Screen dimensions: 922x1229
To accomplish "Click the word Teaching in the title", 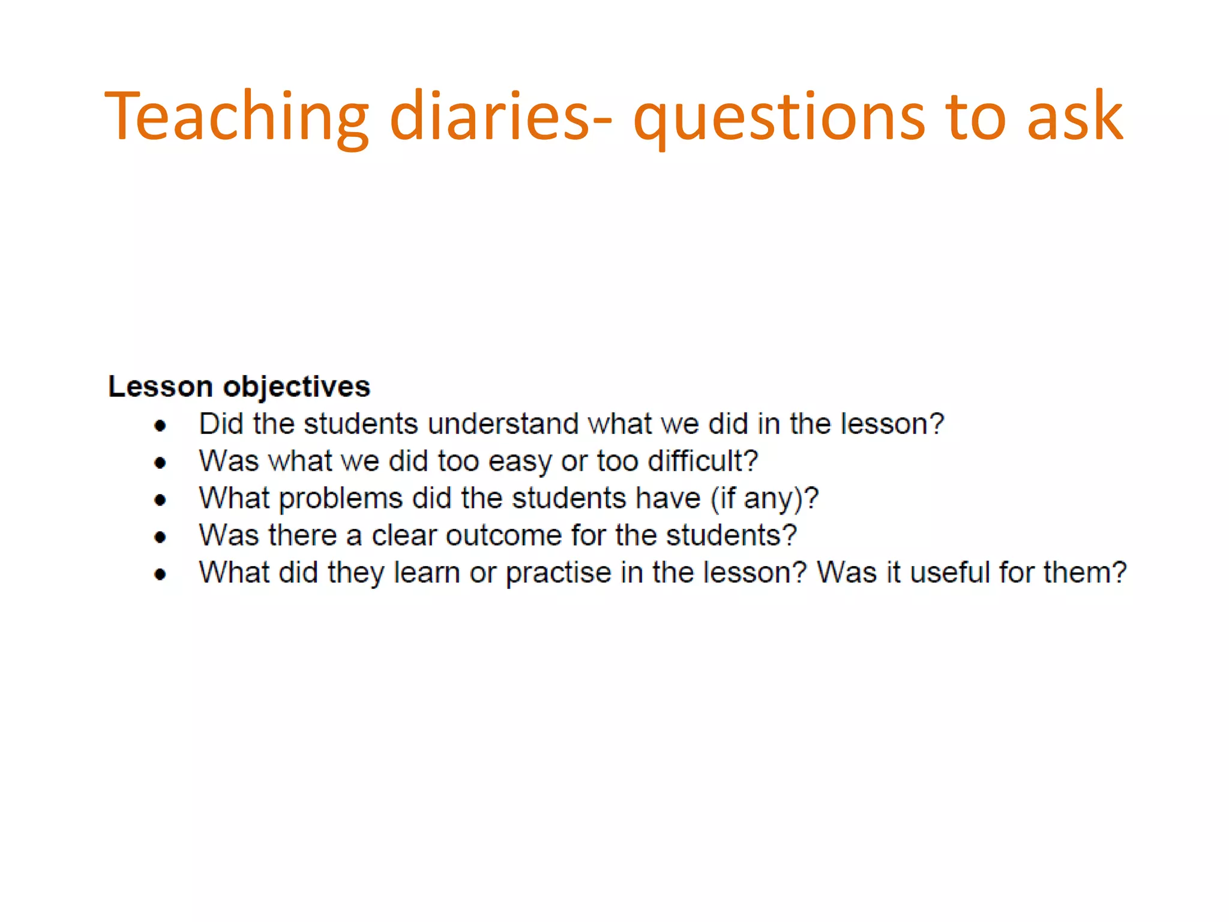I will [236, 116].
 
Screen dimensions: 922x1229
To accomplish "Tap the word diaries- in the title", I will [501, 116].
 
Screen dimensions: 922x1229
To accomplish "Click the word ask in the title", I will [1074, 116].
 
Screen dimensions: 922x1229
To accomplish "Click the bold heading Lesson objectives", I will [239, 387].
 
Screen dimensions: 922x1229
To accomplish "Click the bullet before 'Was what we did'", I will [160, 463].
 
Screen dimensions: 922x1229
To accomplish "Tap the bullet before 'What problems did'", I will [160, 500].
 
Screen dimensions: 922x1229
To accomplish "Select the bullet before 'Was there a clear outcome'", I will [160, 537].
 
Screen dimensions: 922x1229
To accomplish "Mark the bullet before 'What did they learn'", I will [160, 574].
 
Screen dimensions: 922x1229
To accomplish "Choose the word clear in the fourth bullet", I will [404, 535].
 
